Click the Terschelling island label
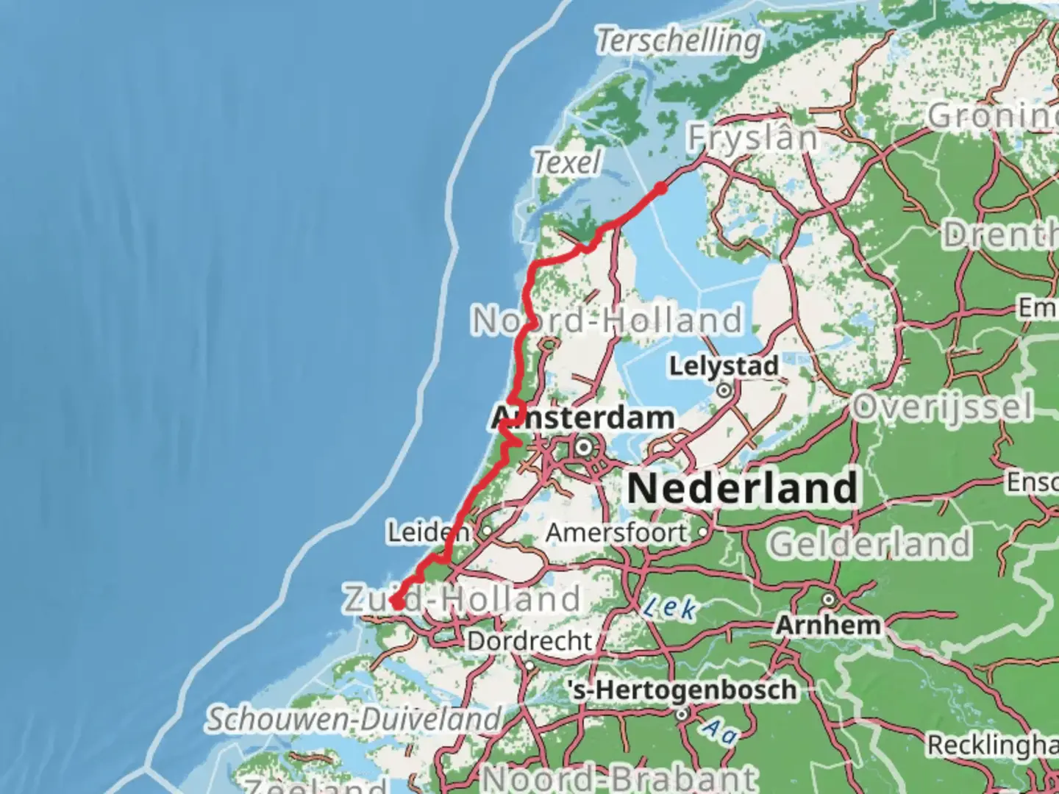(678, 40)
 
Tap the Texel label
(567, 162)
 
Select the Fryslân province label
(752, 137)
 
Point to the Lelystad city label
(724, 365)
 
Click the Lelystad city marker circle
(725, 390)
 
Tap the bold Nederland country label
(743, 488)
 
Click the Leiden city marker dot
(487, 530)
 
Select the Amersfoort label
(616, 532)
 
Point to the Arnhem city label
(828, 625)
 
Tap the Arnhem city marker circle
(830, 598)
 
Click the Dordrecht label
(529, 640)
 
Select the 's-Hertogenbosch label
(682, 690)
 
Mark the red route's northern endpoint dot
(660, 189)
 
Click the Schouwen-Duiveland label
(353, 718)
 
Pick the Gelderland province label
(869, 545)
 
